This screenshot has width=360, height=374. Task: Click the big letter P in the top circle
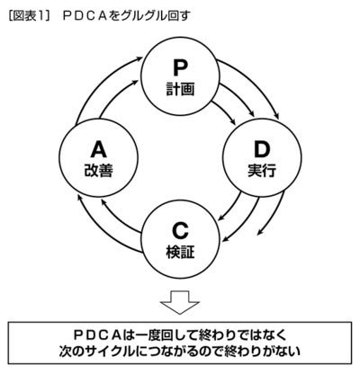180,67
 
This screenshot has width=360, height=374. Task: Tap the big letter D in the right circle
262,149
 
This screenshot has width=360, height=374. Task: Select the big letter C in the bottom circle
180,231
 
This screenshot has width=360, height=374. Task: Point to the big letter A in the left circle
99,149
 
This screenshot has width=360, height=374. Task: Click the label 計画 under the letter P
180,89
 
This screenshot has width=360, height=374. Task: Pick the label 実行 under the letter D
262,171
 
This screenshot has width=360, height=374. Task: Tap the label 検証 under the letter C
180,253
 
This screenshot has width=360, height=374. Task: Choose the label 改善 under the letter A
99,171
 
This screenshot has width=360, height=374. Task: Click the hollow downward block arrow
180,301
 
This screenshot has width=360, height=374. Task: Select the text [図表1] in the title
29,15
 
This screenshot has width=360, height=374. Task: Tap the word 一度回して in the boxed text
166,334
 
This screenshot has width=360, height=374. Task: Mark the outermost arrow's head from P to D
277,116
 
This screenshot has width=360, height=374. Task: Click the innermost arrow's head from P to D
233,121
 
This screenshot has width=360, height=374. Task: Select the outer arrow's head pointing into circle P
139,58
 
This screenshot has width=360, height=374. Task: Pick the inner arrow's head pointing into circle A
103,202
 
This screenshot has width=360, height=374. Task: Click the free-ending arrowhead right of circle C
260,232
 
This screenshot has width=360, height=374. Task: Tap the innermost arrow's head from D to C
222,218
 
